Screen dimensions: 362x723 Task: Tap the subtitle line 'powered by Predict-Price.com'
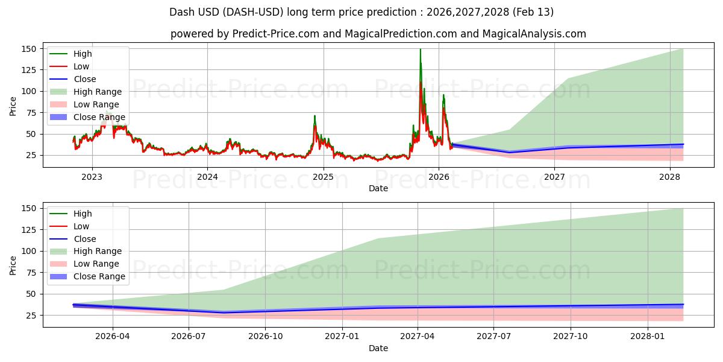click(378, 34)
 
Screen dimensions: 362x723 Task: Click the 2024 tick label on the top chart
click(207, 177)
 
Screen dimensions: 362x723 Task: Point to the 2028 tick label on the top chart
click(669, 177)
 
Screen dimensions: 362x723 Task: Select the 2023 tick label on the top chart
click(92, 177)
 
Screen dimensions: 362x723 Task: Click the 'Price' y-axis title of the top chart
click(13, 106)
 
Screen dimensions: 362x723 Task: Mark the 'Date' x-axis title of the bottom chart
click(378, 348)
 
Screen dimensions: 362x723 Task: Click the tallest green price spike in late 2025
click(420, 50)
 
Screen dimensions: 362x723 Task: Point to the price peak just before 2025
click(314, 116)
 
